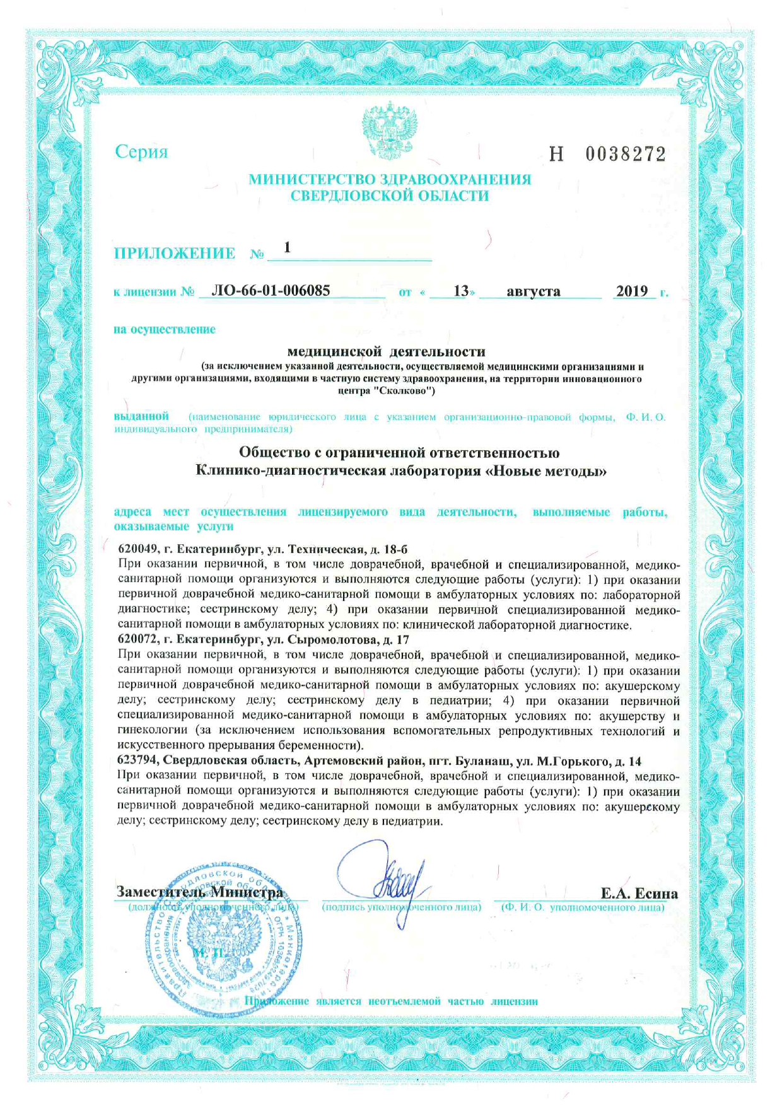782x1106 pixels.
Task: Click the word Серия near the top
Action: pos(141,152)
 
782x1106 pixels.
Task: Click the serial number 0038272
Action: pos(626,154)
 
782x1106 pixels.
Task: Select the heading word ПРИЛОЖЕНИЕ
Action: pos(175,253)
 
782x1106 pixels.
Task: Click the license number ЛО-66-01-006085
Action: pos(271,291)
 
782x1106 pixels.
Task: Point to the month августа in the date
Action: pos(534,291)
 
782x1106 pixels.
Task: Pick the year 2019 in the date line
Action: pos(632,291)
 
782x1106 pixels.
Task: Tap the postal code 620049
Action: pos(137,549)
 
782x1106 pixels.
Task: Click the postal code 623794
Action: pos(137,761)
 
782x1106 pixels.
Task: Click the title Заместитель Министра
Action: pos(200,892)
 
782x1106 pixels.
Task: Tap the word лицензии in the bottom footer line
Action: pos(514,1001)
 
